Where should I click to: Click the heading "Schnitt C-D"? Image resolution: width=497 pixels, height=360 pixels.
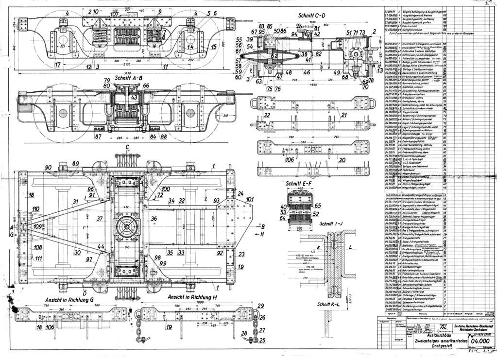point(311,16)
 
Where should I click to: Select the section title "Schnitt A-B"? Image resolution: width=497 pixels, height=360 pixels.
point(127,77)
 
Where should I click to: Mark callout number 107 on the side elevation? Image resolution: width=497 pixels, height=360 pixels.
point(114,14)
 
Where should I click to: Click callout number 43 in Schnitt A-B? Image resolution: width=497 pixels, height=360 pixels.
point(134,97)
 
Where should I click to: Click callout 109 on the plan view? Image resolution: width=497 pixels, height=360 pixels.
point(37,226)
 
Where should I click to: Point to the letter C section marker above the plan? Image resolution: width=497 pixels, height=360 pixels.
point(128,146)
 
